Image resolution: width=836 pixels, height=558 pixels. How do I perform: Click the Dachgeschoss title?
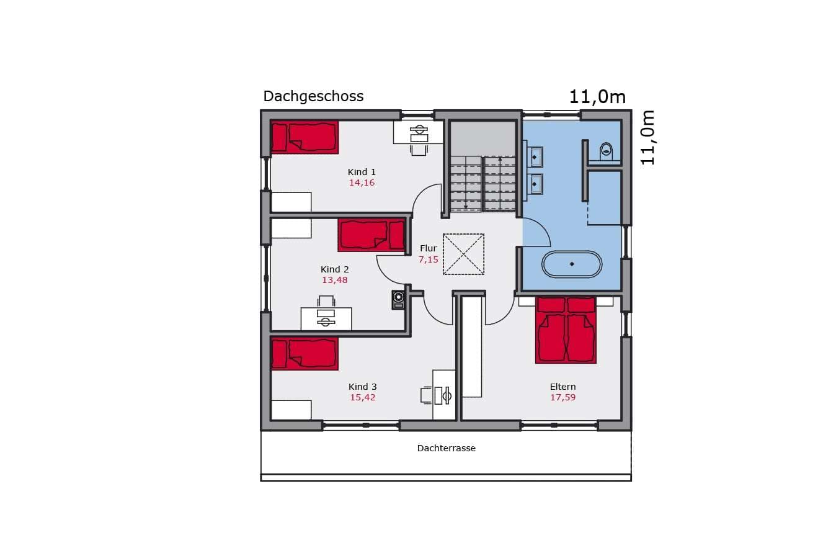[313, 97]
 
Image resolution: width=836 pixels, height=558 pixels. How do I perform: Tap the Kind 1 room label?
[362, 172]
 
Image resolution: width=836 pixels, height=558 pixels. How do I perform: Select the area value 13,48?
[335, 280]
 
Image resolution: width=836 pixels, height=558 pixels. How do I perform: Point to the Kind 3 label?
[363, 387]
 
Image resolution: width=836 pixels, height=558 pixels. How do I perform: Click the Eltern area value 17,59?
[563, 397]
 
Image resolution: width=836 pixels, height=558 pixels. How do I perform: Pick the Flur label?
[428, 248]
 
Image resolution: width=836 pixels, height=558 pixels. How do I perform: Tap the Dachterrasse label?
[447, 448]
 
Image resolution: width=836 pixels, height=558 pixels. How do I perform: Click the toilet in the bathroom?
[606, 151]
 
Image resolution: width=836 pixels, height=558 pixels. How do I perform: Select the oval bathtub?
[572, 264]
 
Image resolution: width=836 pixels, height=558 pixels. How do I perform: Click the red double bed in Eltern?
[566, 330]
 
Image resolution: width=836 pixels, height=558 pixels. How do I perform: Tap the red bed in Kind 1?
[305, 137]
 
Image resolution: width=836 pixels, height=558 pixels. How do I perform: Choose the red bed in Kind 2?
[371, 235]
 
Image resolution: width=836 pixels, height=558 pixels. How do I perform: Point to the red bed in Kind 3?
[305, 354]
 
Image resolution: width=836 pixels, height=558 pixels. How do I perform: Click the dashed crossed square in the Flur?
[463, 254]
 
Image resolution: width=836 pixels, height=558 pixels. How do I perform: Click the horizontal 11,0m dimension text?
[597, 97]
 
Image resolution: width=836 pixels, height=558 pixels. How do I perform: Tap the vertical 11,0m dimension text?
[648, 137]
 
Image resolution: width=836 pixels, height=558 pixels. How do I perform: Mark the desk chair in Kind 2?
[326, 302]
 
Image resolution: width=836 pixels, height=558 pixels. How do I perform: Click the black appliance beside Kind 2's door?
[398, 300]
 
